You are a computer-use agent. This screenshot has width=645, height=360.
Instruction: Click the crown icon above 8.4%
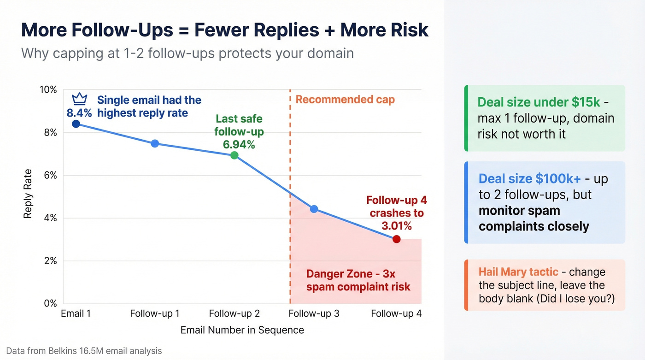click(80, 99)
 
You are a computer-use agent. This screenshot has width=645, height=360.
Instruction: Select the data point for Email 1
click(76, 124)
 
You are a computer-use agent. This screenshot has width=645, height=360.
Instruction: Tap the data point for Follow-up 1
click(155, 143)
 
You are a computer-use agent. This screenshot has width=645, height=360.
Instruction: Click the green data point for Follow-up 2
click(234, 155)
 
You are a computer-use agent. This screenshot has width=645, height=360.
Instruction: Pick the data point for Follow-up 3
click(314, 209)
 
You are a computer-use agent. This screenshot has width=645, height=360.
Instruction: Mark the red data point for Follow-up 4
click(396, 239)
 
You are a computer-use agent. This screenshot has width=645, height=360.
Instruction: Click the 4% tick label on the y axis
click(49, 218)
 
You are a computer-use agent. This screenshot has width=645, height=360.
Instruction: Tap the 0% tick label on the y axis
click(49, 304)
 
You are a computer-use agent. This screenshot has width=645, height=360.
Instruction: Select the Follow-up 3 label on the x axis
click(314, 314)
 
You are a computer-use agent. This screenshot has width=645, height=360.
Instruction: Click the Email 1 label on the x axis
click(76, 314)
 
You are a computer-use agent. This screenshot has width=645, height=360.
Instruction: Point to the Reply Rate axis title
click(28, 194)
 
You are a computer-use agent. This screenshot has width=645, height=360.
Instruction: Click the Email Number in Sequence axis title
click(242, 330)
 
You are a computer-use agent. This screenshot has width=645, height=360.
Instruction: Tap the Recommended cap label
click(345, 100)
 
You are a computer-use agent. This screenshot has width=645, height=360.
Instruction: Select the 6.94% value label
click(239, 145)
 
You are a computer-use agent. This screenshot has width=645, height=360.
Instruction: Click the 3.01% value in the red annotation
click(396, 226)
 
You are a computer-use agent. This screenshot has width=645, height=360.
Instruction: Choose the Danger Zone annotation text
click(358, 280)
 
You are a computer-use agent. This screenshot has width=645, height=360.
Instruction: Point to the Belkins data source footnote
click(84, 351)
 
